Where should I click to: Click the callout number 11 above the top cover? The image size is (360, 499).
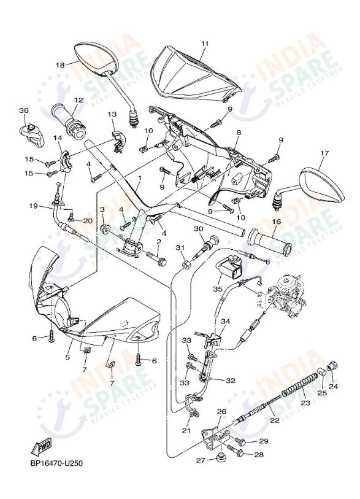pos(205,44)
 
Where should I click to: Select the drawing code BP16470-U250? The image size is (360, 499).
pos(55,463)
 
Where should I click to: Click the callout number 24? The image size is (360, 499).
pos(334,387)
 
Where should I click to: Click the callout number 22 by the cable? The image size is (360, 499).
pos(274,420)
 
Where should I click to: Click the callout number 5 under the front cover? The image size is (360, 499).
pos(68,357)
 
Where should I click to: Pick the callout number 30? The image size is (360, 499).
pos(198,229)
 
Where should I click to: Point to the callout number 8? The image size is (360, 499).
pos(239,133)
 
